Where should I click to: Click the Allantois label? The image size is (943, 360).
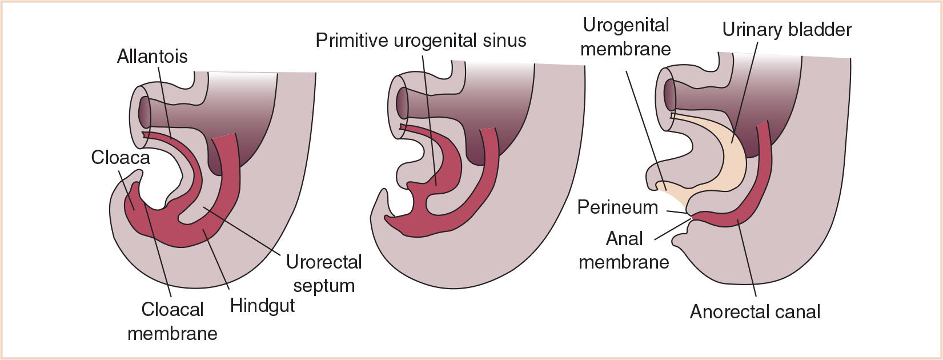pyautogui.click(x=152, y=57)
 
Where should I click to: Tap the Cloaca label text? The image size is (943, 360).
pyautogui.click(x=121, y=157)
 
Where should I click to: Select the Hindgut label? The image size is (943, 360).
pyautogui.click(x=262, y=306)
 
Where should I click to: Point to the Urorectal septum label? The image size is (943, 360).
pyautogui.click(x=324, y=274)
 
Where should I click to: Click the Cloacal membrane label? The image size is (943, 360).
pyautogui.click(x=172, y=321)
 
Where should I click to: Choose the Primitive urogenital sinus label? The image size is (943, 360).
pyautogui.click(x=421, y=41)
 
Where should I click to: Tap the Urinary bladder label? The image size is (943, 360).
pyautogui.click(x=786, y=30)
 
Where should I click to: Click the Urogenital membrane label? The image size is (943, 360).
pyautogui.click(x=625, y=37)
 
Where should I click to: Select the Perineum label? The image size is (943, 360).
pyautogui.click(x=617, y=207)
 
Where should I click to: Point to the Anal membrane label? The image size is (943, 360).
pyautogui.click(x=624, y=250)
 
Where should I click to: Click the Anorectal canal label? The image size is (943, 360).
pyautogui.click(x=755, y=312)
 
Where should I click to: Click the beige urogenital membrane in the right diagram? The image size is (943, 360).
pyautogui.click(x=672, y=191)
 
